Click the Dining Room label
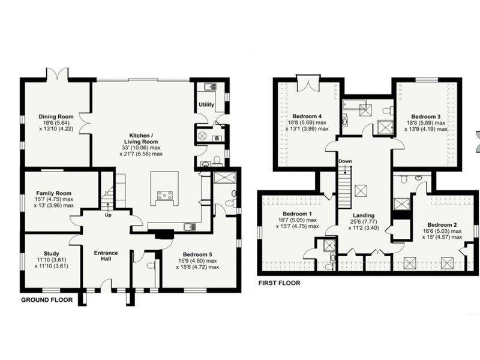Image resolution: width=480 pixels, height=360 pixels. pyautogui.click(x=56, y=116)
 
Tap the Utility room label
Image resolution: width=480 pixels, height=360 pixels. pyautogui.click(x=206, y=104)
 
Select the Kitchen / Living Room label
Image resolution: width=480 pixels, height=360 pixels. pyautogui.click(x=141, y=139)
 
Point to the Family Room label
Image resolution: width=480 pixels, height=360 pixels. pyautogui.click(x=53, y=193)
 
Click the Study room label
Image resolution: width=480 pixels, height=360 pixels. pyautogui.click(x=51, y=253)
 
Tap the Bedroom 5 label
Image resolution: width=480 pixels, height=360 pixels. pyautogui.click(x=197, y=254)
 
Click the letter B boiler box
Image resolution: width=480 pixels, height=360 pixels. pyautogui.click(x=217, y=139)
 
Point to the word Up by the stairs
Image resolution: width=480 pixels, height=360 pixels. pyautogui.click(x=108, y=215)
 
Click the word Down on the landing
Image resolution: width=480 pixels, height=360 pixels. pyautogui.click(x=345, y=161)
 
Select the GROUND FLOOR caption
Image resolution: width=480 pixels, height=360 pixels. pyautogui.click(x=47, y=300)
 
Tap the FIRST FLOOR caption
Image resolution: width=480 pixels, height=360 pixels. pyautogui.click(x=279, y=283)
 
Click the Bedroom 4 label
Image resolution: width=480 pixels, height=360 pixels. pyautogui.click(x=307, y=116)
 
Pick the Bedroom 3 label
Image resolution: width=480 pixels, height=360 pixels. pyautogui.click(x=426, y=116)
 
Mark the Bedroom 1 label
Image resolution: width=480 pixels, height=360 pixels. pyautogui.click(x=297, y=214)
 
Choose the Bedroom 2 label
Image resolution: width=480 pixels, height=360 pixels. pyautogui.click(x=442, y=224)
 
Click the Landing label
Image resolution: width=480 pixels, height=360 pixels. pyautogui.click(x=364, y=215)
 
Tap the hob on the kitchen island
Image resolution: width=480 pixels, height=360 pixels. pyautogui.click(x=164, y=195)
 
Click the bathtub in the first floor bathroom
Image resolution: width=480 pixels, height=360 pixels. pyautogui.click(x=354, y=104)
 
